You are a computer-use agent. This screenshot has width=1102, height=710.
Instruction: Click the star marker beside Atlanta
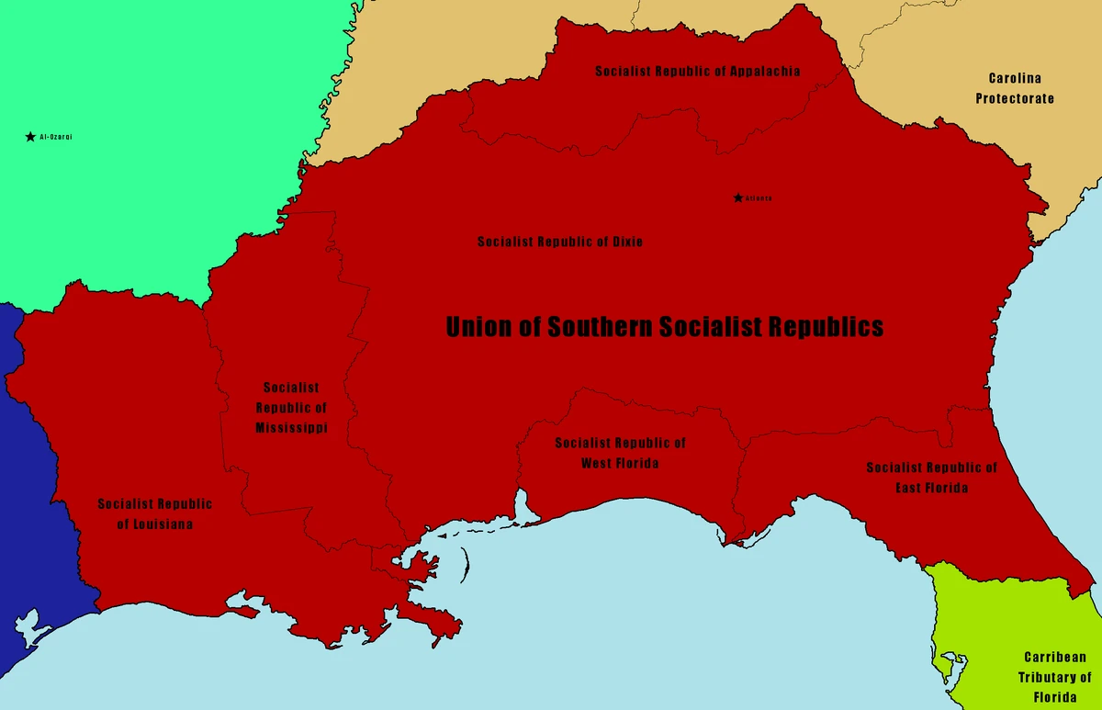point(737,197)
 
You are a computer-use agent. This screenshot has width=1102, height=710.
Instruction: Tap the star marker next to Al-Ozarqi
point(30,137)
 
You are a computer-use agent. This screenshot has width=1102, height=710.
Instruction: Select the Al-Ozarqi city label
point(56,137)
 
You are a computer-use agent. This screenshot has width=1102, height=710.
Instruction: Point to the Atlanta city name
point(759,198)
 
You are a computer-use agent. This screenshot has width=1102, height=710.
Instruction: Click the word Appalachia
point(764,71)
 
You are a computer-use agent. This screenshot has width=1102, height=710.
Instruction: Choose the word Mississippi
point(291,428)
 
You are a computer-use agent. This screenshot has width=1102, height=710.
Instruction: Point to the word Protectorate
point(1015,98)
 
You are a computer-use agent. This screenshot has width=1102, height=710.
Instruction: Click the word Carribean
point(1054,658)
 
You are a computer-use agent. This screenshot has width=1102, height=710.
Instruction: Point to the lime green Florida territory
point(983,625)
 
